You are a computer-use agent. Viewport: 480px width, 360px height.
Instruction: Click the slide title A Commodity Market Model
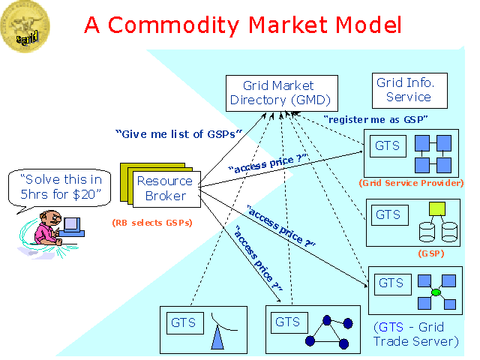243,24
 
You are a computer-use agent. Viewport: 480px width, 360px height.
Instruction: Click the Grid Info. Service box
409,90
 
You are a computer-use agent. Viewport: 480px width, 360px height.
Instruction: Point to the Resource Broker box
164,188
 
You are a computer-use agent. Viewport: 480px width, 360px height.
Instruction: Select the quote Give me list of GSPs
179,133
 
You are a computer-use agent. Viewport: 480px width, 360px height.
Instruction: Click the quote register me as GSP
376,119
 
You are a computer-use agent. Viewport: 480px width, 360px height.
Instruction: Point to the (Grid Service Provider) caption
411,183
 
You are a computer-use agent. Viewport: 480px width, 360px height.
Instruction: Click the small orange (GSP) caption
431,253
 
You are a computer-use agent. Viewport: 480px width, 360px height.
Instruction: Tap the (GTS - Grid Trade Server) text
415,334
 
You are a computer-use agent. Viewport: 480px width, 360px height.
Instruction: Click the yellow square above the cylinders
437,209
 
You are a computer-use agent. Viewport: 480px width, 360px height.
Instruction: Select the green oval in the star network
436,292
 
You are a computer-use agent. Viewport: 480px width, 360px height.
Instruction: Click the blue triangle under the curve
217,339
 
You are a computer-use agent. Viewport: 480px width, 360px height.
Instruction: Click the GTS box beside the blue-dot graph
287,322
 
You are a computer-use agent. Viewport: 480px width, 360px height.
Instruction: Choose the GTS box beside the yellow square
388,214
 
